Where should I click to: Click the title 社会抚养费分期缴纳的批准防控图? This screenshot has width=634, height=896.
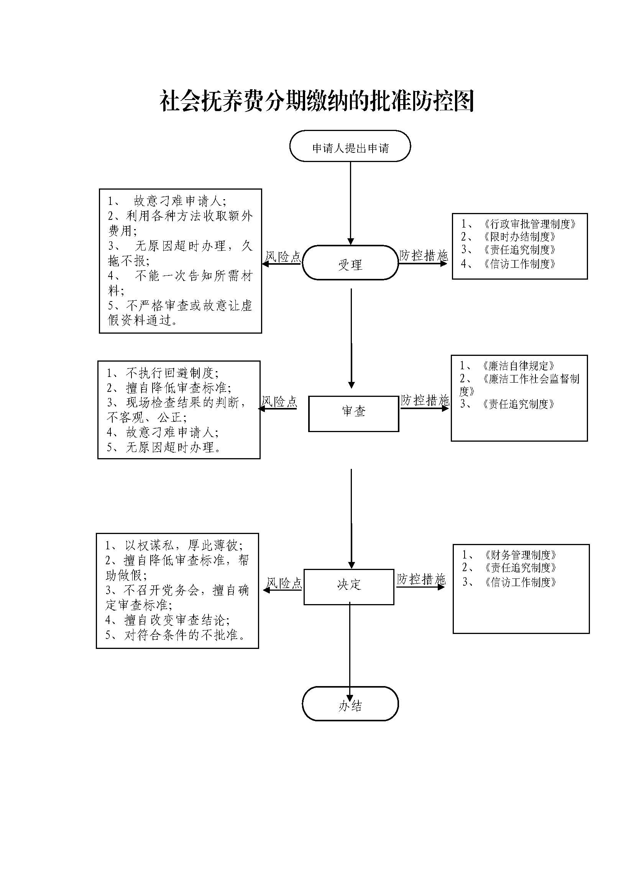pyautogui.click(x=317, y=101)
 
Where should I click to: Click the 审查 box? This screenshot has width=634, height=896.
pyautogui.click(x=353, y=414)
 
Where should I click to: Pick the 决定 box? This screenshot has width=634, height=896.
pyautogui.click(x=348, y=587)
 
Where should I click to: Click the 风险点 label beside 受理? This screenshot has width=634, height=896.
pyautogui.click(x=283, y=256)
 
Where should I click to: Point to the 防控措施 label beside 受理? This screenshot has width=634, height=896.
pyautogui.click(x=424, y=256)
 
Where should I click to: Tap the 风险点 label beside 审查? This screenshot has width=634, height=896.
pyautogui.click(x=279, y=401)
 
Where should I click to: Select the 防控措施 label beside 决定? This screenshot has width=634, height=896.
pyautogui.click(x=421, y=580)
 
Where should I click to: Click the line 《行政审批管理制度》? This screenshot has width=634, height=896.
pyautogui.click(x=529, y=224)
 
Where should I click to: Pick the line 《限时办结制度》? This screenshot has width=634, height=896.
pyautogui.click(x=519, y=237)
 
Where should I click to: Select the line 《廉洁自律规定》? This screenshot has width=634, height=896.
pyautogui.click(x=517, y=366)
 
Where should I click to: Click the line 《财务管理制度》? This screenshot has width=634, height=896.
pyautogui.click(x=520, y=555)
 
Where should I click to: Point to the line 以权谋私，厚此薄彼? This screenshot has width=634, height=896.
pyautogui.click(x=184, y=545)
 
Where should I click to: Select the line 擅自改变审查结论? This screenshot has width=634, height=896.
pyautogui.click(x=176, y=620)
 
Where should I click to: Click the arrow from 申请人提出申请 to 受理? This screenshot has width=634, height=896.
pyautogui.click(x=351, y=203)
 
